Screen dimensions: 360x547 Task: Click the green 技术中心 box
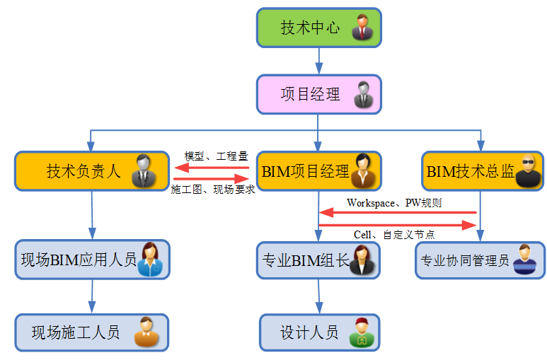(x=318, y=28)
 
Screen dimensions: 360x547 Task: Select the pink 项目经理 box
(x=318, y=94)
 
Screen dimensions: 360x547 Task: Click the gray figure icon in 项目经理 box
(x=363, y=94)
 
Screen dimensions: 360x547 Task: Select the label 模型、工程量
(x=216, y=156)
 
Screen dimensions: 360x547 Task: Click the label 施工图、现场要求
(x=213, y=190)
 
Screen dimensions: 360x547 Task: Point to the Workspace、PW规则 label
(x=394, y=203)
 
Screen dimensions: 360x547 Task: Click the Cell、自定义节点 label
(x=393, y=235)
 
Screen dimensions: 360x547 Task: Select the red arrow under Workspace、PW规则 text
(x=396, y=212)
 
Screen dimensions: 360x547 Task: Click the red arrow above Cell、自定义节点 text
(x=396, y=225)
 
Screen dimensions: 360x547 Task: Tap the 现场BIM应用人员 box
(x=92, y=260)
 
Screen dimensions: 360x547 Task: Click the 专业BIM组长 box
(x=318, y=260)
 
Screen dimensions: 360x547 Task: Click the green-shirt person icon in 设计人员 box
(x=360, y=332)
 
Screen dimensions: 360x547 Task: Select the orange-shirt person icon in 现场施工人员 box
(x=146, y=332)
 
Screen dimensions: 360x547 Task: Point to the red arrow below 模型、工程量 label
(x=212, y=168)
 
